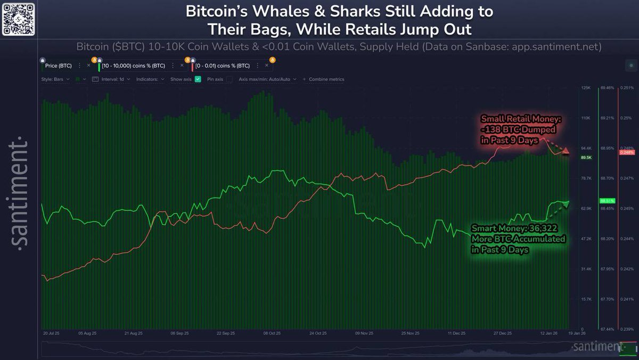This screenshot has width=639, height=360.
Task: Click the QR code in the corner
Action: click(19, 19)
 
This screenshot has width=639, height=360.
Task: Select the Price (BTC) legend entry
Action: click(59, 66)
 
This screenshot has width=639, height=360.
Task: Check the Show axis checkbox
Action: click(198, 79)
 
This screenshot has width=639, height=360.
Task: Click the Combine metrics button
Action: click(326, 79)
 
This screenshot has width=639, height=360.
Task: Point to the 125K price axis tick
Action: click(586, 87)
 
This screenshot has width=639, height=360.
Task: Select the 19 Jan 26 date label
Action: click(577, 333)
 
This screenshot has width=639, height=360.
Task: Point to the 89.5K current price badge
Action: click(586, 158)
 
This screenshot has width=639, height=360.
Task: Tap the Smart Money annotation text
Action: click(518, 239)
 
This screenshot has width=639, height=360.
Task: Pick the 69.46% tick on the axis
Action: click(607, 87)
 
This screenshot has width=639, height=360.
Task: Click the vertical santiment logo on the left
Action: click(20, 194)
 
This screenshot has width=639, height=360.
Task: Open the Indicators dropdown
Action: click(150, 79)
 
